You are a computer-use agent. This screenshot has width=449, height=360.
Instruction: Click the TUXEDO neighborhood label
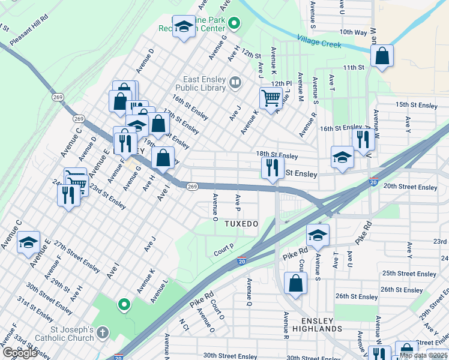click(x=241, y=224)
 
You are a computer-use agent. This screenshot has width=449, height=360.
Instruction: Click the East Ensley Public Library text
click(x=205, y=83)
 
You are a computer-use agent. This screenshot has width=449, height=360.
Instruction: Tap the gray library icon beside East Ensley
click(x=235, y=82)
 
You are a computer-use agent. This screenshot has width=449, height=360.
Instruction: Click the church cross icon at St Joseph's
click(x=103, y=332)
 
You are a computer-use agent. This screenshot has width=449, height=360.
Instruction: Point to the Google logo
click(x=19, y=353)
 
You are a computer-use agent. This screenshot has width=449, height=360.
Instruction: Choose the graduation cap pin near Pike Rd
click(x=318, y=235)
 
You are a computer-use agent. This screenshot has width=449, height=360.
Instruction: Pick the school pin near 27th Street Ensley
click(x=28, y=242)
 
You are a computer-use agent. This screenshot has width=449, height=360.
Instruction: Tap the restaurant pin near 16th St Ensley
click(x=363, y=140)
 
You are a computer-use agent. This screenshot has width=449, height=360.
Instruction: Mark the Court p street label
click(x=223, y=250)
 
